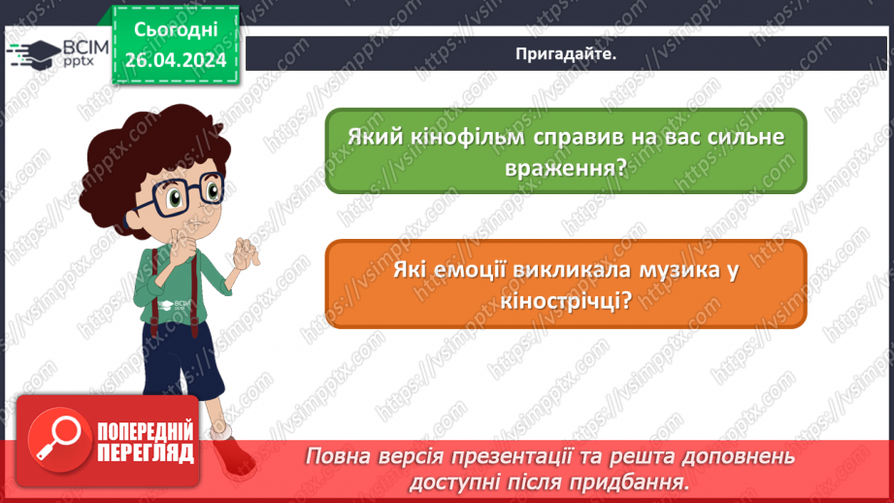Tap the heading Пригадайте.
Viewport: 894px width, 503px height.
[566, 55]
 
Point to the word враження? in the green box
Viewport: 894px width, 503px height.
[566, 167]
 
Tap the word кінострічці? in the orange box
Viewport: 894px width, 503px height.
[566, 300]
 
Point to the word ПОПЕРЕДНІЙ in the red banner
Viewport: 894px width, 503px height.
[145, 431]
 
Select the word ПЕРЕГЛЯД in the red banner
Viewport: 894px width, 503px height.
[145, 453]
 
